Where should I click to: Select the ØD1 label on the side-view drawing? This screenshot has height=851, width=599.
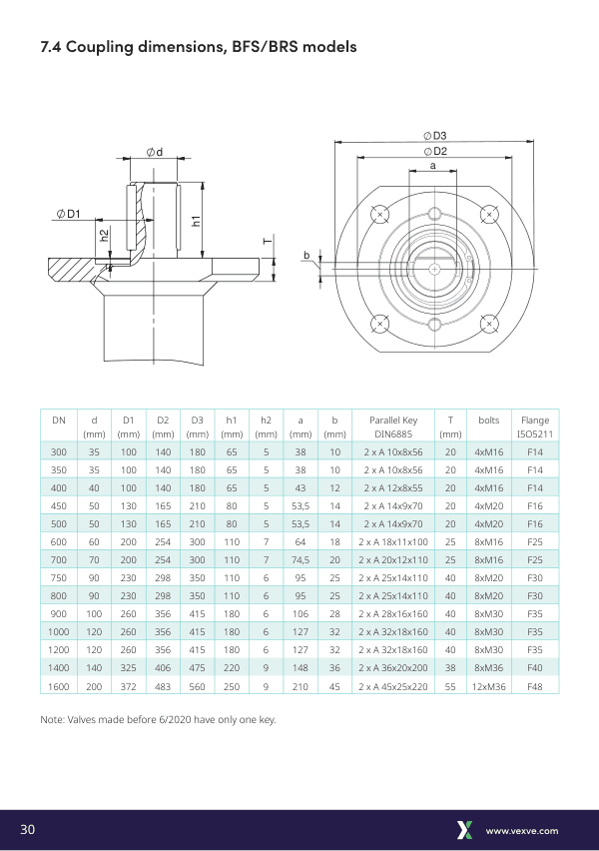69,214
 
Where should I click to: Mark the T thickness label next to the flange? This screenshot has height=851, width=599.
267,242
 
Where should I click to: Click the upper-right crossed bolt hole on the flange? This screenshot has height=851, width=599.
489,214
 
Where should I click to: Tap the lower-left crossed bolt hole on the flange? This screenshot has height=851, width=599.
379,323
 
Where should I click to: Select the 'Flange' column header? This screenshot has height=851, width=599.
534,421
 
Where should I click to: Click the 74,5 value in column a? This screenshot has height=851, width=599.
299,560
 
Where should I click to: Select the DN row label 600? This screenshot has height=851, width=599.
59,541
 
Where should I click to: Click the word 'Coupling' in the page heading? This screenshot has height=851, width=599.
104,47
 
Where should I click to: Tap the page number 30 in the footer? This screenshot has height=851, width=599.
28,830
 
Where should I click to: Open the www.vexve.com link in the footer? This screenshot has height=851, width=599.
521,831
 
